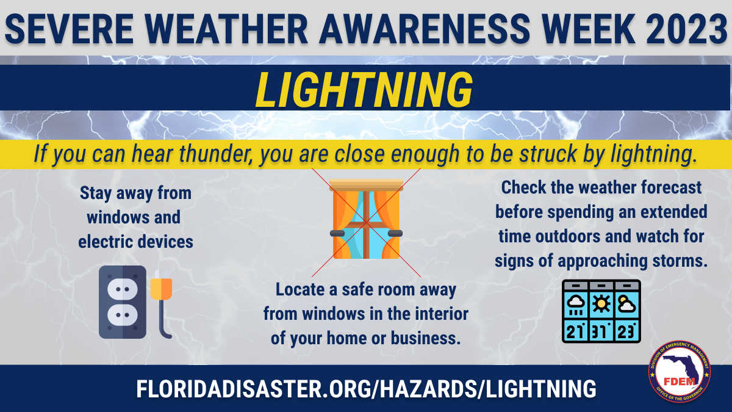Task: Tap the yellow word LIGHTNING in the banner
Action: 364,90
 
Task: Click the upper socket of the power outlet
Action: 122,289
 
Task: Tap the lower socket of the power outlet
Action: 122,315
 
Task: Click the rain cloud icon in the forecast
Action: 575,305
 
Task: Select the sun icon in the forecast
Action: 601,304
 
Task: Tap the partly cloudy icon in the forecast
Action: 627,304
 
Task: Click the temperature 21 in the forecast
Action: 575,331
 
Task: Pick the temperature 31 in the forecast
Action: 601,331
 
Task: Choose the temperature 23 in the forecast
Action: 626,331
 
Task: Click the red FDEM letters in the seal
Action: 680,381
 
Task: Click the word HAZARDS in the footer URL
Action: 428,389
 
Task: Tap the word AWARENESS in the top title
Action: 425,29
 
